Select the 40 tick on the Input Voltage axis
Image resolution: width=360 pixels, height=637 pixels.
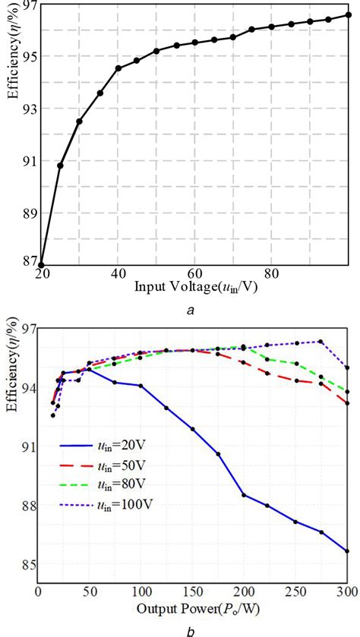tap(118, 273)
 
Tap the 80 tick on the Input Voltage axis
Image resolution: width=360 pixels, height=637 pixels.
tap(271, 273)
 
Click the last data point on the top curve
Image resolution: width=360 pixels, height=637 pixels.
tap(348, 14)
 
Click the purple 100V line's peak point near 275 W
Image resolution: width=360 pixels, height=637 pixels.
tap(321, 342)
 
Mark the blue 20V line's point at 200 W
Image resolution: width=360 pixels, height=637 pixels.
tap(244, 495)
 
